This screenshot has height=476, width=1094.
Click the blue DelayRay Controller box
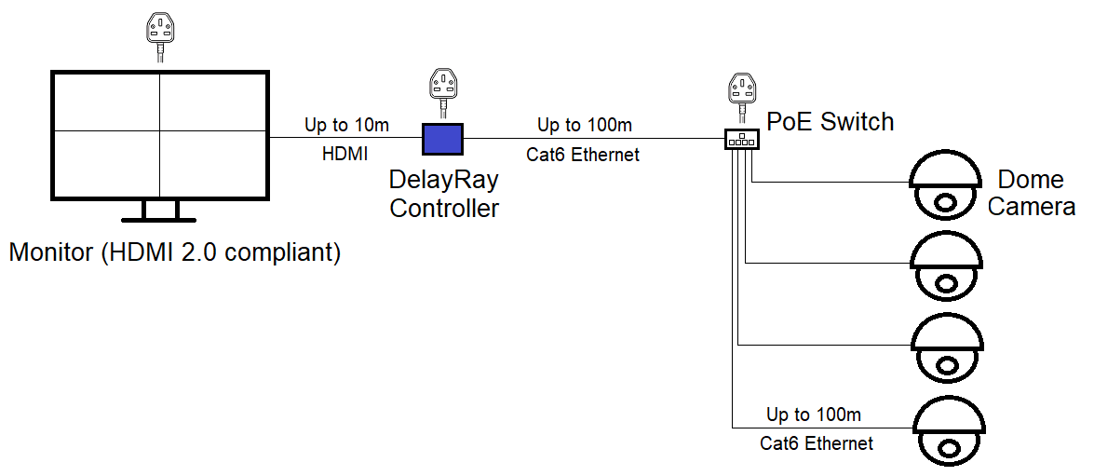444,139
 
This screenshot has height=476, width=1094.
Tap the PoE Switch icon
741,139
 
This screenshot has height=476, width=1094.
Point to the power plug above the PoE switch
742,91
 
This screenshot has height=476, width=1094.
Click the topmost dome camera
946,184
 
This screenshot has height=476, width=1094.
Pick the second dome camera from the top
946,266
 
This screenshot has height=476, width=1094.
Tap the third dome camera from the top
946,348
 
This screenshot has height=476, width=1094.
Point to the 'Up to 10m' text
345,125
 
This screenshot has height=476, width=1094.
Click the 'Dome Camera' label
1031,193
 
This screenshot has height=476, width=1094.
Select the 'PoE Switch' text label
830,121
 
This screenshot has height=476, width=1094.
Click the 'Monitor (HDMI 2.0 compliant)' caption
175,252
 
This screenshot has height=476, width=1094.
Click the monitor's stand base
159,219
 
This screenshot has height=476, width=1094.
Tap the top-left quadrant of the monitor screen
105,102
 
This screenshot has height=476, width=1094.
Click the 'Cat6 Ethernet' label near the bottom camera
817,443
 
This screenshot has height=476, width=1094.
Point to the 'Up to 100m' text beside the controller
584,125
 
